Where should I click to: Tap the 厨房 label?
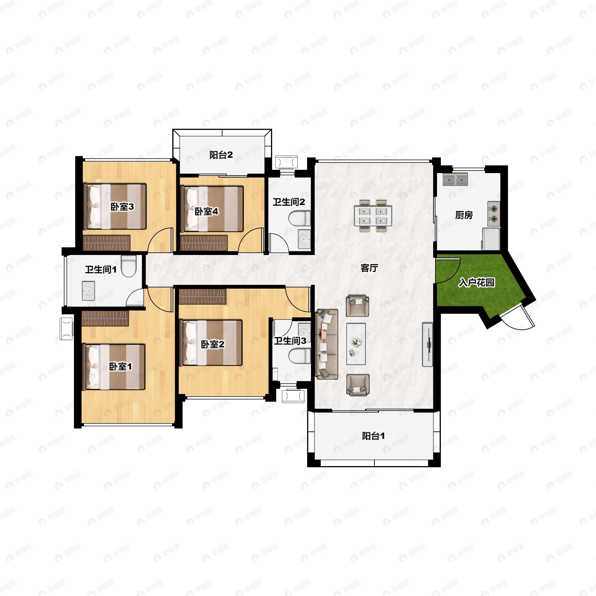click(x=464, y=215)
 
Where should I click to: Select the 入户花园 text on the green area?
click(x=477, y=282)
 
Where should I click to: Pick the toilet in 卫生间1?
click(x=129, y=266)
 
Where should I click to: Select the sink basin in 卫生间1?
click(x=89, y=291)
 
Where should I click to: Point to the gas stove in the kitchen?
click(x=494, y=214)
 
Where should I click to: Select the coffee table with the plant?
click(x=356, y=344)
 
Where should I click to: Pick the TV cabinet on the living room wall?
click(x=427, y=345)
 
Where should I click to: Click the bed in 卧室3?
click(x=115, y=206)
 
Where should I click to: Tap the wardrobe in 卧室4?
click(x=204, y=243)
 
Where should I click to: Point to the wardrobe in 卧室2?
click(x=203, y=297)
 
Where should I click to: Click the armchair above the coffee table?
click(x=358, y=306)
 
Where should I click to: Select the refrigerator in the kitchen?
click(x=491, y=239)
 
